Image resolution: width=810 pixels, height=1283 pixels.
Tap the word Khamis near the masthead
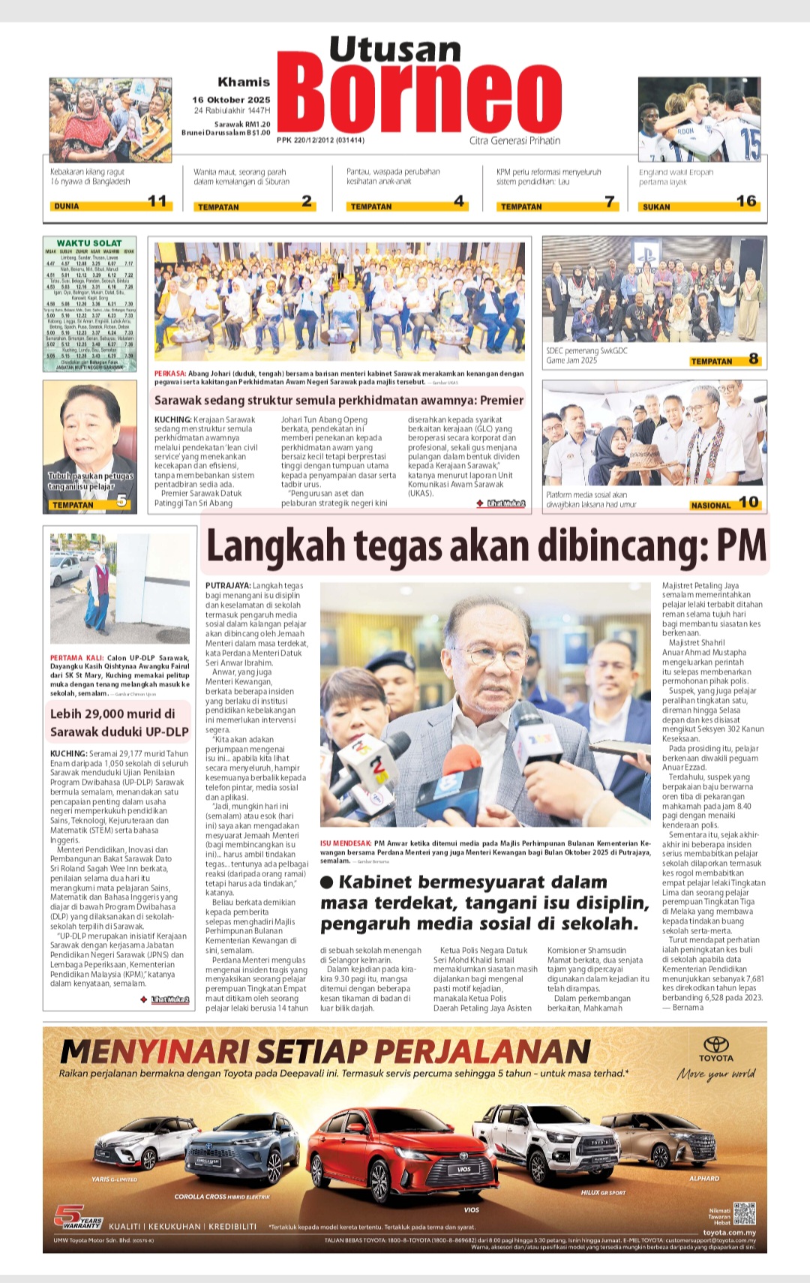click(x=244, y=82)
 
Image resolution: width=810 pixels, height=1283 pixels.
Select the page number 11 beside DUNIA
click(x=157, y=200)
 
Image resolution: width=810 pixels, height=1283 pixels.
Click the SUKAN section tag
click(x=656, y=206)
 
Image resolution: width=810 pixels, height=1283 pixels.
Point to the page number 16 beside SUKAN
click(x=746, y=200)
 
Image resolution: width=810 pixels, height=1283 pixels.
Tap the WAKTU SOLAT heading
click(x=89, y=243)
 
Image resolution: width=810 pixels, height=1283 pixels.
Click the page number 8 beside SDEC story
click(x=753, y=359)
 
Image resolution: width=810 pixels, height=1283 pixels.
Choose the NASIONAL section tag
click(x=710, y=505)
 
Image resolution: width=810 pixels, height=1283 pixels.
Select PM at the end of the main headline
click(x=740, y=546)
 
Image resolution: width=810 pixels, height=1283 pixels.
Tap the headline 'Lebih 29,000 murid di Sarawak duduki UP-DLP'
click(x=119, y=723)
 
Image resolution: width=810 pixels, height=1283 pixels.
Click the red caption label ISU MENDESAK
click(x=346, y=843)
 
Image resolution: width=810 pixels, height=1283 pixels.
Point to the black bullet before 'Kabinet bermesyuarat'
click(x=327, y=882)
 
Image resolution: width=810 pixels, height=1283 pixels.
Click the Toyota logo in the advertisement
click(x=715, y=1045)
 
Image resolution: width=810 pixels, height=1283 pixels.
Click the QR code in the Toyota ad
click(x=744, y=1213)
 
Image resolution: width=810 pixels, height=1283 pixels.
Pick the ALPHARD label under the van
click(x=704, y=1179)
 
